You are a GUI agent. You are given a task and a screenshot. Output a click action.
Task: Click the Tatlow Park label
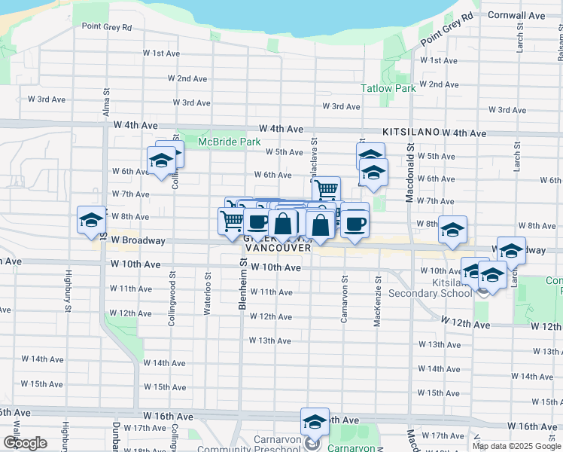point(388,88)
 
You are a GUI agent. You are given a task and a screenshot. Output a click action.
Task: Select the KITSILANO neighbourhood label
point(410,131)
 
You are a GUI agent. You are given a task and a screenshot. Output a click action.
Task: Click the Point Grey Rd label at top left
point(106,26)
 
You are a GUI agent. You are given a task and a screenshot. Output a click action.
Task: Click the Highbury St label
point(68,290)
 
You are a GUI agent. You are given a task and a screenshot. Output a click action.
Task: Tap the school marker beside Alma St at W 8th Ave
point(91,220)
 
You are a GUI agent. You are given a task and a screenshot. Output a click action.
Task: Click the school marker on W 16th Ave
point(315,422)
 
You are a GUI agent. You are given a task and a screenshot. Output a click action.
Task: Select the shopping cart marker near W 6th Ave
point(325,189)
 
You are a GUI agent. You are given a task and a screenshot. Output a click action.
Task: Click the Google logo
point(25,443)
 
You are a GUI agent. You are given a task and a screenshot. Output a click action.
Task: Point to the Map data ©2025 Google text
point(516,446)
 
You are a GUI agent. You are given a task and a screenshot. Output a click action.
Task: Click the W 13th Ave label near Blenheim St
point(270,341)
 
